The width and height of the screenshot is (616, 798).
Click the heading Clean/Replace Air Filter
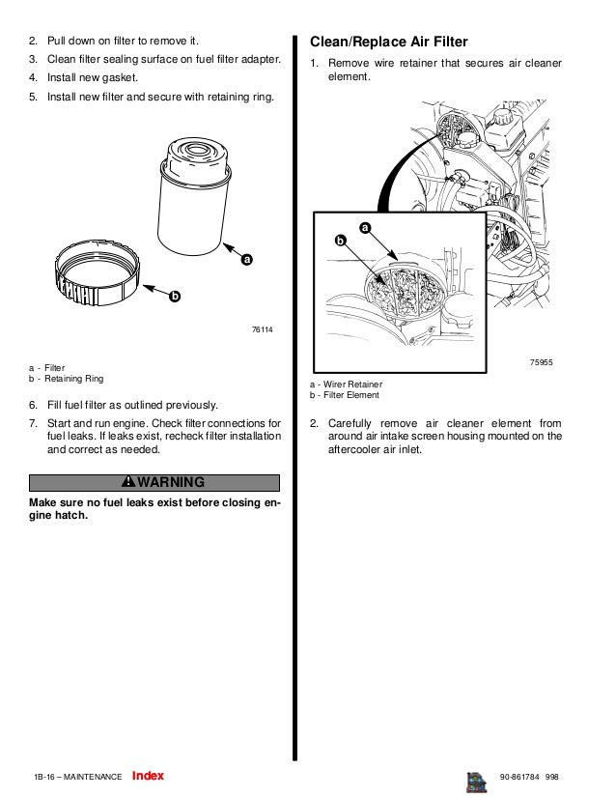pyautogui.click(x=387, y=43)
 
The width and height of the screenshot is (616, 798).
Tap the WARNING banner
pyautogui.click(x=154, y=482)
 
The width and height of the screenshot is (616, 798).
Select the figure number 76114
pyautogui.click(x=262, y=330)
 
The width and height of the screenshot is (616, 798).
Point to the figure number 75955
pyautogui.click(x=541, y=361)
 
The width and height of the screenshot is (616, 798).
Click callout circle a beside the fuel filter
pyautogui.click(x=246, y=260)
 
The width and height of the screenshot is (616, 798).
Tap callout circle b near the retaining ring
pyautogui.click(x=174, y=296)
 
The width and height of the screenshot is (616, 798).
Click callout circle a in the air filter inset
pyautogui.click(x=365, y=227)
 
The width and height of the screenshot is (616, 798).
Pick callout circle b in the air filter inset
pyautogui.click(x=340, y=239)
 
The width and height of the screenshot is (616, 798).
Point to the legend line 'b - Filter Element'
pyautogui.click(x=345, y=395)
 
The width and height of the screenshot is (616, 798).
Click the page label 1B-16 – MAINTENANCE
pyautogui.click(x=77, y=777)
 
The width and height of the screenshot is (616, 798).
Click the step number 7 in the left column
pyautogui.click(x=34, y=422)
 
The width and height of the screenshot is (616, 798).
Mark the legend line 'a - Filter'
pyautogui.click(x=48, y=367)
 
